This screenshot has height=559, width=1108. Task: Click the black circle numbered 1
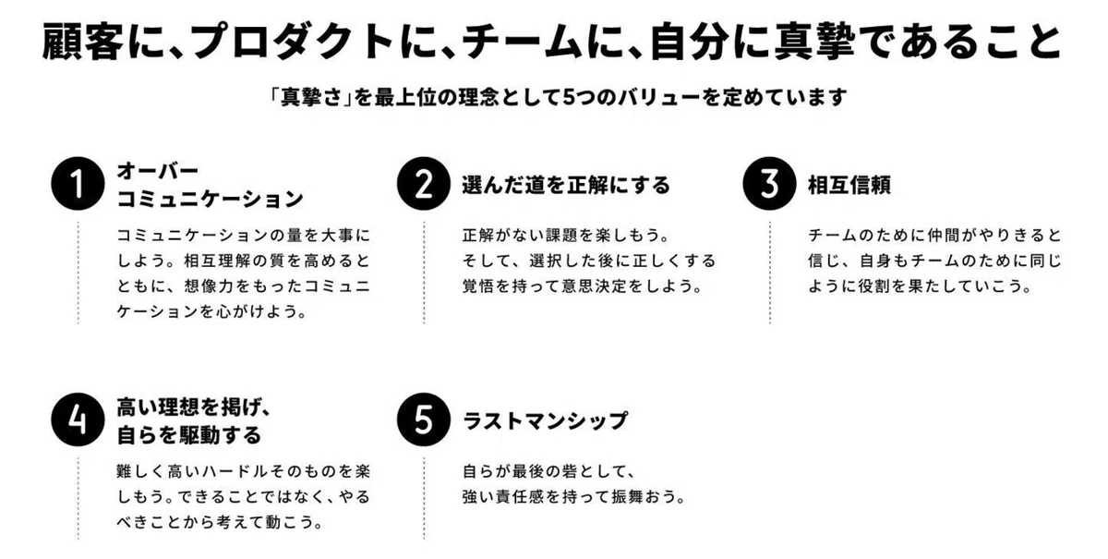[78, 184]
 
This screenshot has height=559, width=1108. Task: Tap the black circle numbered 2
[424, 184]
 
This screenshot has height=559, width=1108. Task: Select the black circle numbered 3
[769, 184]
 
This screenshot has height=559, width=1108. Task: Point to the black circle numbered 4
[78, 419]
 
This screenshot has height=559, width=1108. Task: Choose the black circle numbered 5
[424, 419]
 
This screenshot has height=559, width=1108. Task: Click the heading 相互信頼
[849, 185]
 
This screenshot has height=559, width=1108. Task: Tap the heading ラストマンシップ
[545, 420]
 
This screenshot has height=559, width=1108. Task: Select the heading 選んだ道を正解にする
[566, 185]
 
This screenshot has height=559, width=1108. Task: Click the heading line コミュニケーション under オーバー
[210, 199]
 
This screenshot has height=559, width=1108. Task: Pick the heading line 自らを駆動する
[189, 435]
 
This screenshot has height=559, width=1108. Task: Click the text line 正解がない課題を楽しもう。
[566, 236]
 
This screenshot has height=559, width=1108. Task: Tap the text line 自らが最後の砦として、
[549, 471]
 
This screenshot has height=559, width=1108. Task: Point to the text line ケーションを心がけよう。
[211, 311]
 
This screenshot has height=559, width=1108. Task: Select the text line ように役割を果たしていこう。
[920, 286]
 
